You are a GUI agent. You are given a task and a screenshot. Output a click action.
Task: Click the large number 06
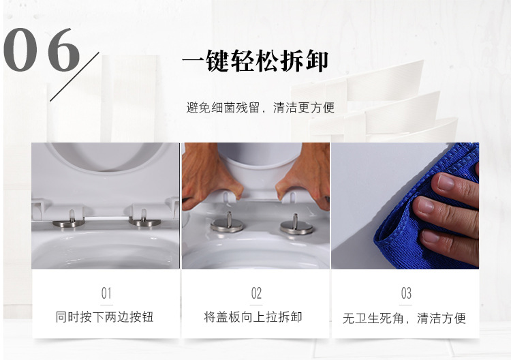click(x=42, y=50)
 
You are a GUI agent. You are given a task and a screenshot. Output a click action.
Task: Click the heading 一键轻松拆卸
click(x=255, y=61)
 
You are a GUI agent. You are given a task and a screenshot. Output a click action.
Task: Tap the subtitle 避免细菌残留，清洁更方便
click(x=260, y=108)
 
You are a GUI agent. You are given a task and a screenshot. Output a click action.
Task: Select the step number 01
click(x=106, y=293)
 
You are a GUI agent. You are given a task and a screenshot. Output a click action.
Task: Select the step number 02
click(x=256, y=293)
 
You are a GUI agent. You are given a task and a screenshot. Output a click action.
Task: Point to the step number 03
click(x=406, y=293)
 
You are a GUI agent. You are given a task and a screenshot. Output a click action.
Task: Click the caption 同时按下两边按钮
click(x=105, y=317)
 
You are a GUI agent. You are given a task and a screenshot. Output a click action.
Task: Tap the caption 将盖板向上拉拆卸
click(x=253, y=317)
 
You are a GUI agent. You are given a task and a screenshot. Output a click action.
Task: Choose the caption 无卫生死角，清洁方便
click(x=405, y=318)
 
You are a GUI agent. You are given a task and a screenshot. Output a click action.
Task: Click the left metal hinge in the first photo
click(x=69, y=220)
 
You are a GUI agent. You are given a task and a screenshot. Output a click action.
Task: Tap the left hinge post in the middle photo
click(x=228, y=223)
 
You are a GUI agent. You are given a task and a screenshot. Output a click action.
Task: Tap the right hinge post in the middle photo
click(x=296, y=225)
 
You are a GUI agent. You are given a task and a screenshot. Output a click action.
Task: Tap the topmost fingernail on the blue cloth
click(x=445, y=182)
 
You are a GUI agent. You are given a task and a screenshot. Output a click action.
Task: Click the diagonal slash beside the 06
click(x=75, y=76)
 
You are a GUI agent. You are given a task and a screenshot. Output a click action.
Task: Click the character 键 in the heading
click(x=218, y=61)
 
